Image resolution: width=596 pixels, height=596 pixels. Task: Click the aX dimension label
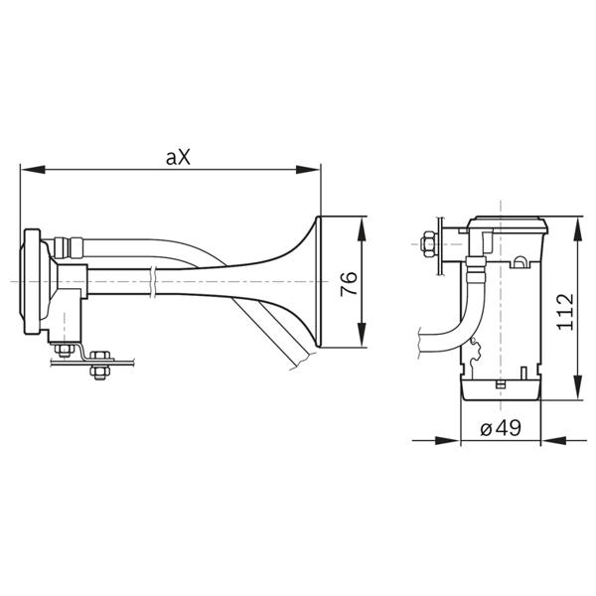pyautogui.click(x=178, y=157)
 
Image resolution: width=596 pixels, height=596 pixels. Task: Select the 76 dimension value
pyautogui.click(x=349, y=283)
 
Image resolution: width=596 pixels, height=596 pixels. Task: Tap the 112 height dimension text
pyautogui.click(x=565, y=312)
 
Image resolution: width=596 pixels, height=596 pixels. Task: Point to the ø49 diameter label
pyautogui.click(x=501, y=429)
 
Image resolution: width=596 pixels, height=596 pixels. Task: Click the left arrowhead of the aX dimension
pyautogui.click(x=33, y=170)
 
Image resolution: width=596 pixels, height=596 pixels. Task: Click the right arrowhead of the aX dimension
pyautogui.click(x=308, y=170)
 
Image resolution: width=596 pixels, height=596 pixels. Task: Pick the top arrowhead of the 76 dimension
pyautogui.click(x=362, y=229)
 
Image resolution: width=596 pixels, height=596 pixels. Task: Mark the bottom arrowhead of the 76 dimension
pyautogui.click(x=362, y=335)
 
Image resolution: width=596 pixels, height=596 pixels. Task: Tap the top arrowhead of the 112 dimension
pyautogui.click(x=577, y=229)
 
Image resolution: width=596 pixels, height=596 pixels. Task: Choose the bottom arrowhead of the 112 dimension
pyautogui.click(x=577, y=387)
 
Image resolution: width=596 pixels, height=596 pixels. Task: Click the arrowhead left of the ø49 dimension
pyautogui.click(x=447, y=441)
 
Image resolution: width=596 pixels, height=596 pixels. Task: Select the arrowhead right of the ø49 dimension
pyautogui.click(x=553, y=441)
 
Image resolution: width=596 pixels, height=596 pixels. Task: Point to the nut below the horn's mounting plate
pyautogui.click(x=100, y=372)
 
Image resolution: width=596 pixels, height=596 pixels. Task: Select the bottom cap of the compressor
pyautogui.click(x=501, y=388)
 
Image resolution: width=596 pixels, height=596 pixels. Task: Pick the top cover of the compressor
pyautogui.click(x=508, y=224)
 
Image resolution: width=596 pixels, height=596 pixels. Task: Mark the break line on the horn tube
pyautogui.click(x=152, y=282)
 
